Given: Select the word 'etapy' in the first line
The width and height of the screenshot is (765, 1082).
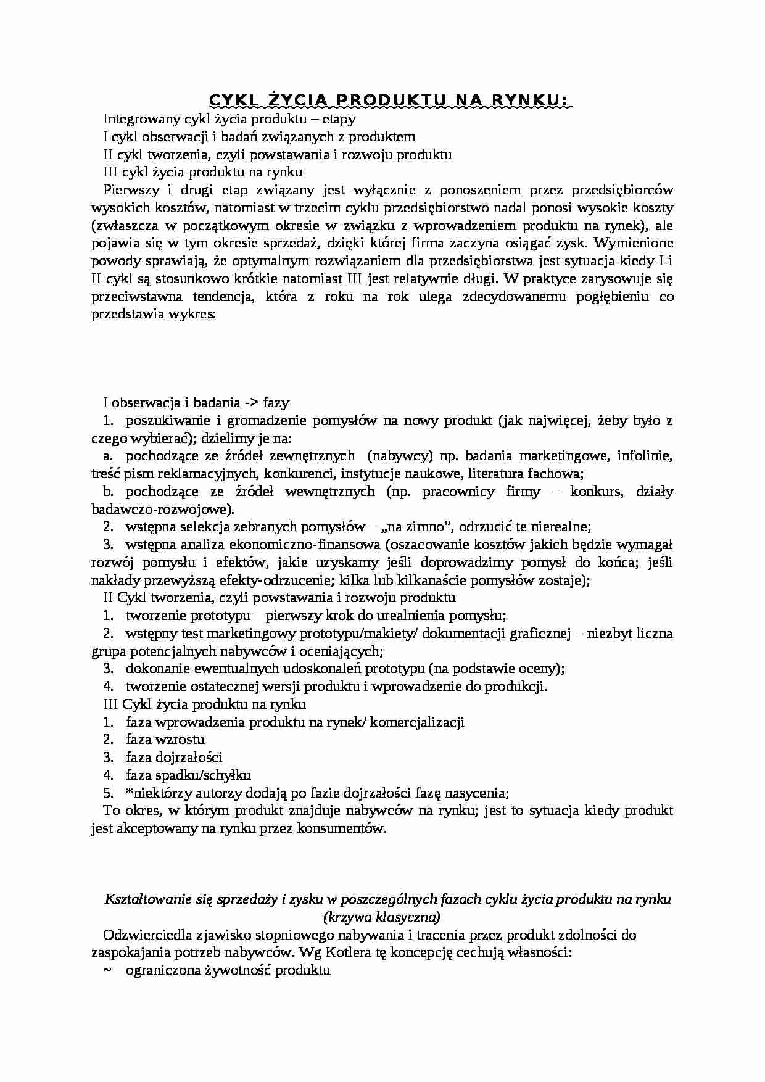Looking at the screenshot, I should pyautogui.click(x=339, y=118).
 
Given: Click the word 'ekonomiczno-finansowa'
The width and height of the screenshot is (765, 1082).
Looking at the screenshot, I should pyautogui.click(x=252, y=545).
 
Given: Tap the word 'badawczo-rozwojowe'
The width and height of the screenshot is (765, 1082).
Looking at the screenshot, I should pyautogui.click(x=162, y=510).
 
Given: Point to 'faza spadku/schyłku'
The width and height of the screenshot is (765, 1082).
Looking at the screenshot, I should pyautogui.click(x=188, y=775).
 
